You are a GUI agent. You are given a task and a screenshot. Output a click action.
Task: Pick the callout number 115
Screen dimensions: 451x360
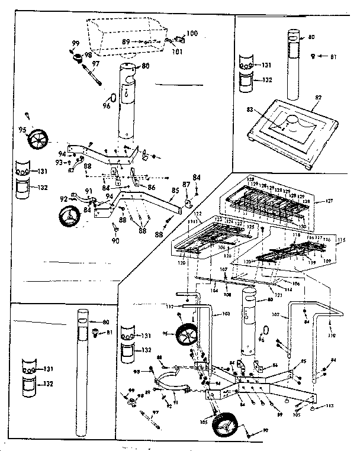point(340,240)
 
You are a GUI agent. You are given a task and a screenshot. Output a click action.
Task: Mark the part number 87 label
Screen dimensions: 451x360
point(188,186)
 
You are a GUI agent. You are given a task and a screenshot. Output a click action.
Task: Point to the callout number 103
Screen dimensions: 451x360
point(227,313)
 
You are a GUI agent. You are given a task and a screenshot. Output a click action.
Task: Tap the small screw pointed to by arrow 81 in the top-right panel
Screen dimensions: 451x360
point(313,56)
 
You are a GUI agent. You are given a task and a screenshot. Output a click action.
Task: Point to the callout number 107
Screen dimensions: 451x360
point(224,269)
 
